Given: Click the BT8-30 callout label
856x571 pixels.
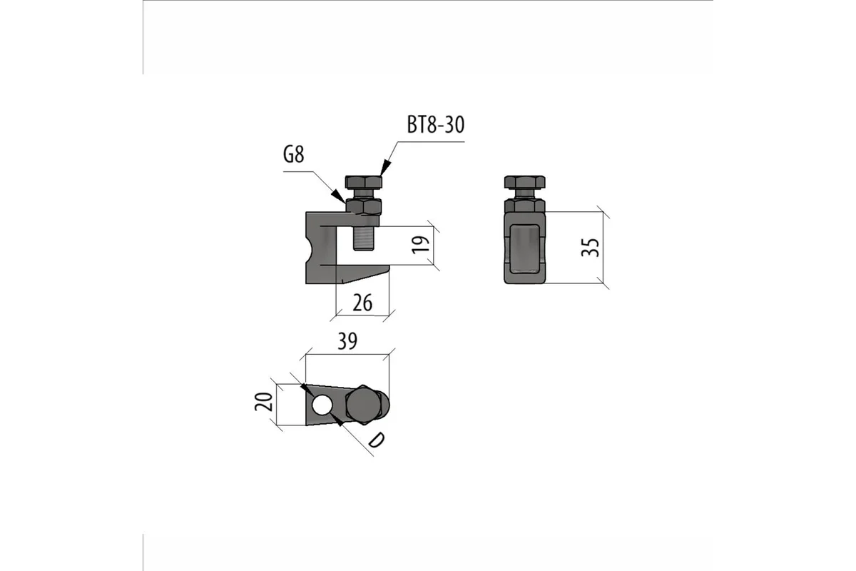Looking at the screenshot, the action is click(x=436, y=125).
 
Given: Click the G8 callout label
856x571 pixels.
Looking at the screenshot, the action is click(x=293, y=155).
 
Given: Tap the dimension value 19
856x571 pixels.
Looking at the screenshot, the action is click(x=421, y=245).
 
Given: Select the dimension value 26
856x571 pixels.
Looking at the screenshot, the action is click(x=362, y=303).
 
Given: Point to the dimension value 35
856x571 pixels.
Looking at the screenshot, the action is click(x=590, y=248).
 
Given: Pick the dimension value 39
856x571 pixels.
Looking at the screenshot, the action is click(x=347, y=341).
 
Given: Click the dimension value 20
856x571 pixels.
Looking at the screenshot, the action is click(x=264, y=402).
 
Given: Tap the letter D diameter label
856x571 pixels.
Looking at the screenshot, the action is click(x=377, y=440).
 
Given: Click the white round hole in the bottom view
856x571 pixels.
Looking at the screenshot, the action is click(x=322, y=405).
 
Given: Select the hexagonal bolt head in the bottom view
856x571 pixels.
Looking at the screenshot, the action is click(x=363, y=405).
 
